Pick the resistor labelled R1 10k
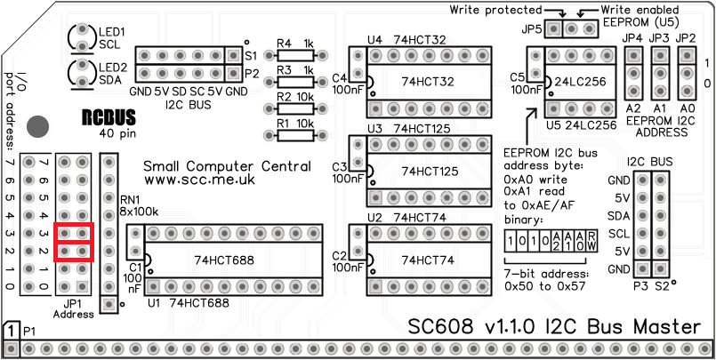point(294,135)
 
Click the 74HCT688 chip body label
point(225,260)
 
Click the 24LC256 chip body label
point(581,81)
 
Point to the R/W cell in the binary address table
point(579,241)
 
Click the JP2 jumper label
point(686,39)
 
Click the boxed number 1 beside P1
point(11,330)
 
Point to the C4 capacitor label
point(340,77)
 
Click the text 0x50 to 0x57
point(543,287)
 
